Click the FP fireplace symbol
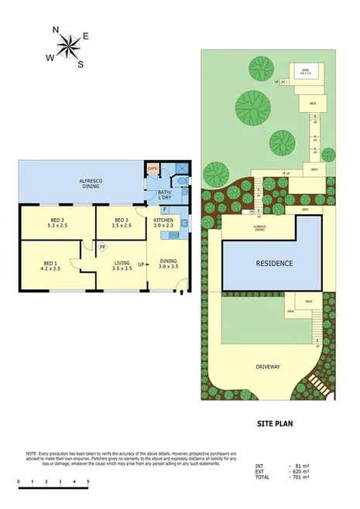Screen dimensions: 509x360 pos(102,248)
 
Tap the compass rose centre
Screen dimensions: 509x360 pos(70,46)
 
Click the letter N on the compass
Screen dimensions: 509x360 pos(56,30)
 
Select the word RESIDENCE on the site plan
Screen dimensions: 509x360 pos(275,264)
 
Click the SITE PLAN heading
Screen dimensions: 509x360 pos(276,424)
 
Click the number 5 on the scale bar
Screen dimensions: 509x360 pos(88,482)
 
